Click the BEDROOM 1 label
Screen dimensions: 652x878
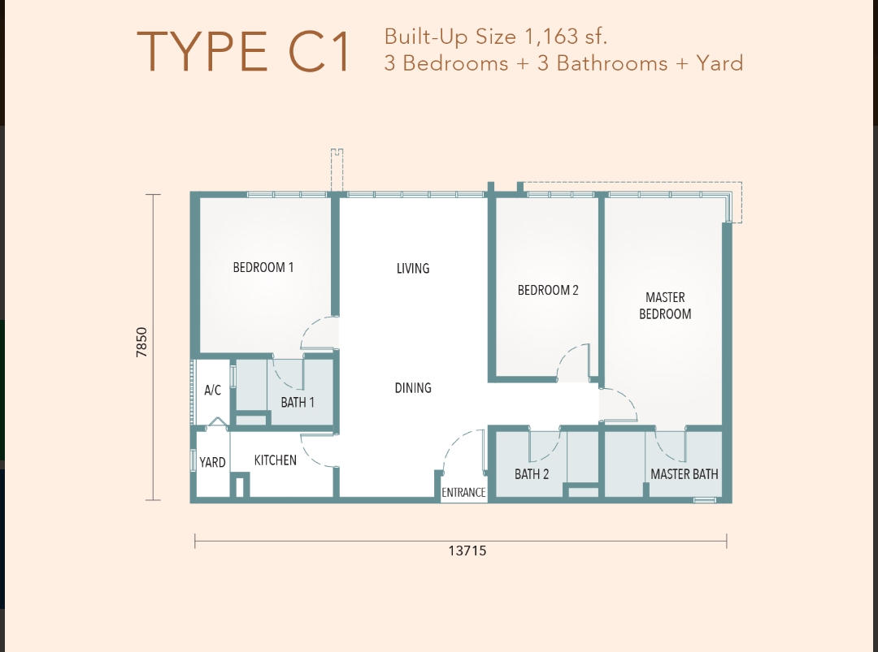click(263, 267)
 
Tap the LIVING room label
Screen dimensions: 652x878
click(413, 269)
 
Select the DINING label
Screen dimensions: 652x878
click(413, 388)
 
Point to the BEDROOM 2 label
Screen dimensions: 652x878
click(548, 290)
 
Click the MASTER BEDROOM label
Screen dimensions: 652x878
click(665, 306)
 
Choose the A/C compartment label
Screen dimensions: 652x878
click(212, 391)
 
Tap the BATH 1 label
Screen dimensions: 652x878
click(298, 402)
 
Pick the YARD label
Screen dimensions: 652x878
click(212, 463)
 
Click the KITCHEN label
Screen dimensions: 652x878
click(276, 460)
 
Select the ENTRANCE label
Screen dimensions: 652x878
click(463, 492)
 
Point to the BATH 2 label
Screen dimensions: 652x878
click(532, 474)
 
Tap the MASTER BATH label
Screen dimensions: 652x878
click(685, 474)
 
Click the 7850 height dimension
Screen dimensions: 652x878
click(142, 342)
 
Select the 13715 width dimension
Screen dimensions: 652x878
click(467, 551)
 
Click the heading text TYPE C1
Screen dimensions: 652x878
click(244, 52)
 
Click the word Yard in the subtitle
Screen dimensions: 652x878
click(719, 63)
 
